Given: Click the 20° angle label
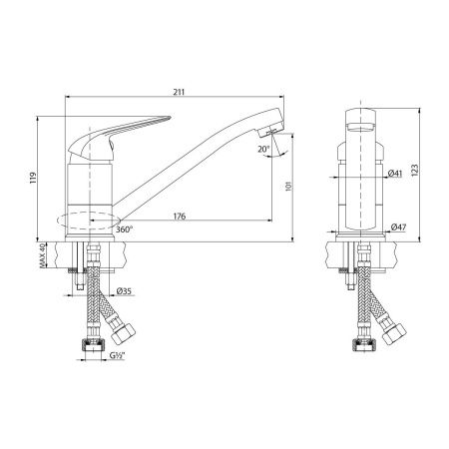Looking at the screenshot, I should pos(261,150).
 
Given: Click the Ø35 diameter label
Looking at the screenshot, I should pos(125,291).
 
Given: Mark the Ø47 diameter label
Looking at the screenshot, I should pos(398,228).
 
